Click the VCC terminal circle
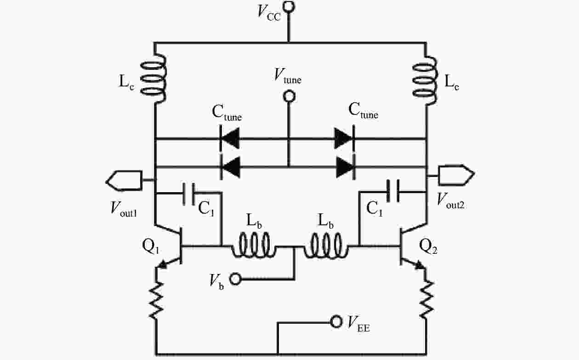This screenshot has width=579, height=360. (289, 6)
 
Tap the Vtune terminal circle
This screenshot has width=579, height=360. (289, 97)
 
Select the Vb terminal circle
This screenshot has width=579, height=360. (236, 279)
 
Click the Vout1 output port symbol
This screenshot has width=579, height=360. (123, 179)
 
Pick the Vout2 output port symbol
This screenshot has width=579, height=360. (455, 175)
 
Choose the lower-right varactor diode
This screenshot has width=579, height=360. (345, 166)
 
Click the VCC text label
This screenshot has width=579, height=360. (269, 12)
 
